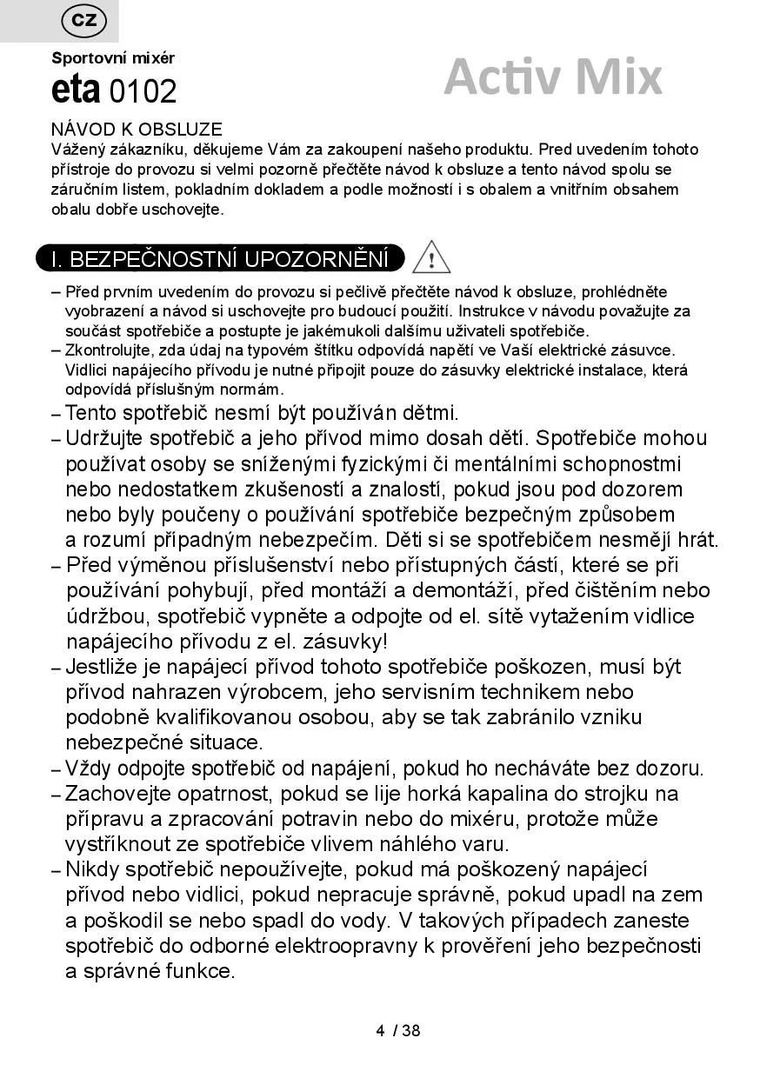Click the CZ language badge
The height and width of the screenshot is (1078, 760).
83,21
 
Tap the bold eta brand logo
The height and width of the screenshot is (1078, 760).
77,90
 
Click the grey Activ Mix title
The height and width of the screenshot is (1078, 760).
552,77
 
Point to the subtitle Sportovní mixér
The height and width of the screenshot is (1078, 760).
113,58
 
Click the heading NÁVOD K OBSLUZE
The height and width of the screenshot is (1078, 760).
137,130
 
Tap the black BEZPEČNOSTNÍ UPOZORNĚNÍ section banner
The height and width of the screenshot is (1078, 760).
220,259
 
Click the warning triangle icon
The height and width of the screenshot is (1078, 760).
431,258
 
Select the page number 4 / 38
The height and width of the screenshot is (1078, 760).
398,1031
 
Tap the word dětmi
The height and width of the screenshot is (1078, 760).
428,413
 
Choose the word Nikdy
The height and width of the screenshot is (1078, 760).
92,869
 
